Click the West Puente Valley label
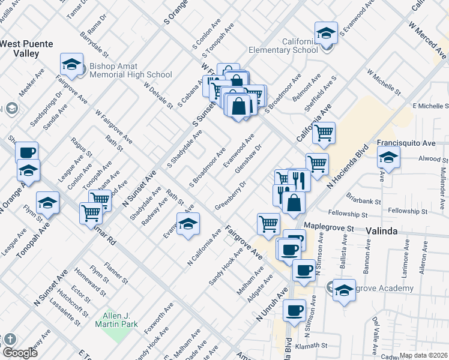click(26, 49)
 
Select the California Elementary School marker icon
click(326, 34)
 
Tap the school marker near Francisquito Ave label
click(388, 159)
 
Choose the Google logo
click(19, 353)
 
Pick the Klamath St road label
click(324, 346)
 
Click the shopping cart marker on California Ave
click(324, 134)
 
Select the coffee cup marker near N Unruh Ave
click(294, 311)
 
